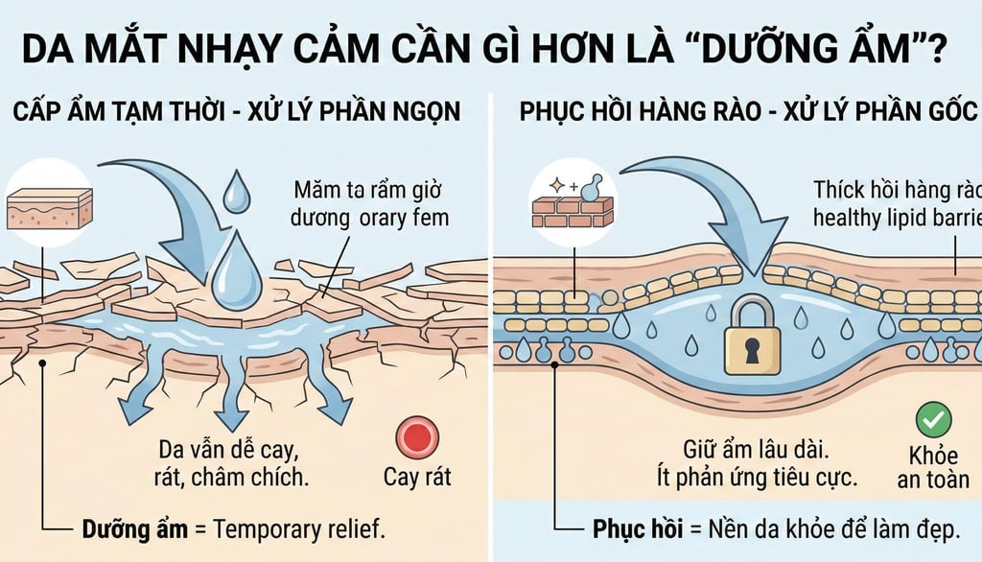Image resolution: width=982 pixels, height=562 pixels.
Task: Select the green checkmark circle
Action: [x=933, y=419]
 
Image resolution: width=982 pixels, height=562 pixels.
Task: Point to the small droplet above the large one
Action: [x=235, y=196]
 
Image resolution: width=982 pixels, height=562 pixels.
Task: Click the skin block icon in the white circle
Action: [x=49, y=208]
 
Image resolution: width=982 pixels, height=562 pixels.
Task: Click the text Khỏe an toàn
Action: [x=934, y=466]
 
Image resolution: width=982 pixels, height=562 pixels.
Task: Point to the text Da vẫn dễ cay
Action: [x=227, y=447]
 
